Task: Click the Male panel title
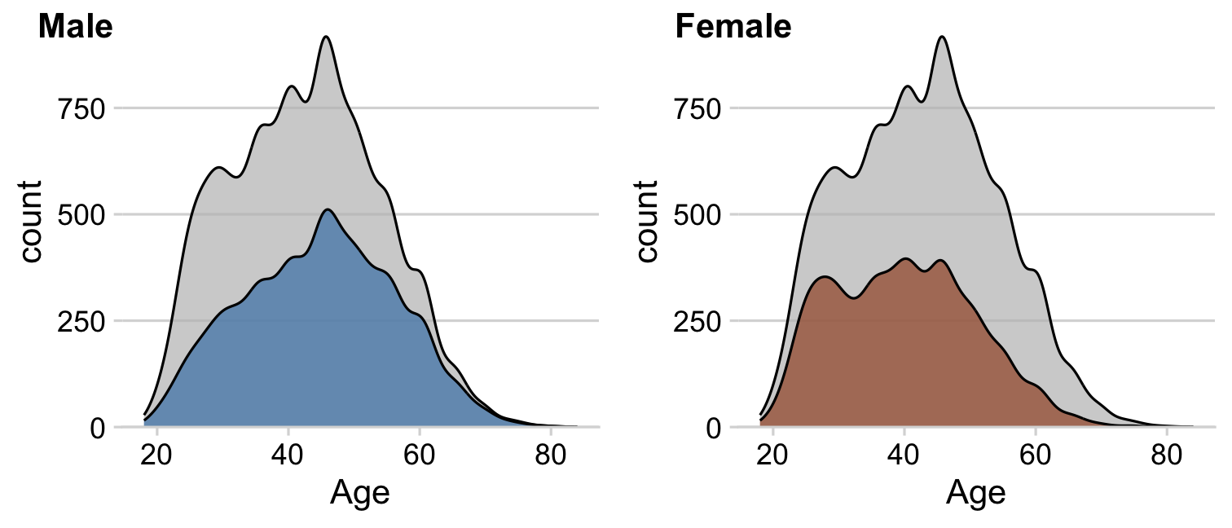click(x=75, y=28)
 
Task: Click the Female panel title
click(x=733, y=28)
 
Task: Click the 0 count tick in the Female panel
click(x=715, y=428)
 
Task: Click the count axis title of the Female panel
click(x=647, y=222)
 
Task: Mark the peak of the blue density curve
click(x=327, y=209)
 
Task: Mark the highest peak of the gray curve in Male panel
click(x=326, y=37)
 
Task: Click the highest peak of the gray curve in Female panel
click(x=942, y=37)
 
